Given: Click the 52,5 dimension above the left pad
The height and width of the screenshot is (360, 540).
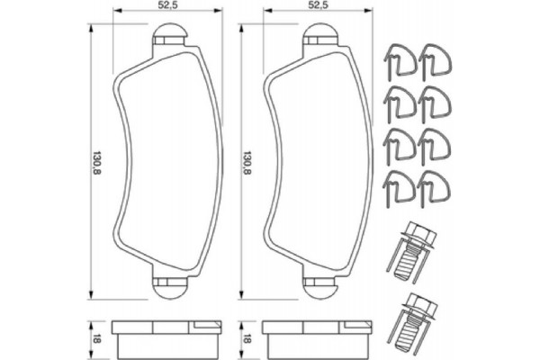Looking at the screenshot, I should point(164,5).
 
